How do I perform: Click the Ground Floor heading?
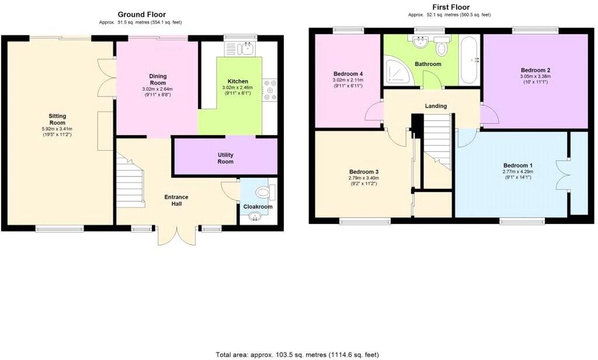pos(141,15)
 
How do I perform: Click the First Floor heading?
pos(450,7)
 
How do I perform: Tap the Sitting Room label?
pos(57,119)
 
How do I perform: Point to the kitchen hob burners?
pos(270,91)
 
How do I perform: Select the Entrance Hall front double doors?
pos(177,237)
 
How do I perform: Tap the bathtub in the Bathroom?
pos(469,60)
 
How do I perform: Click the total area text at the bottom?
pos(298,354)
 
